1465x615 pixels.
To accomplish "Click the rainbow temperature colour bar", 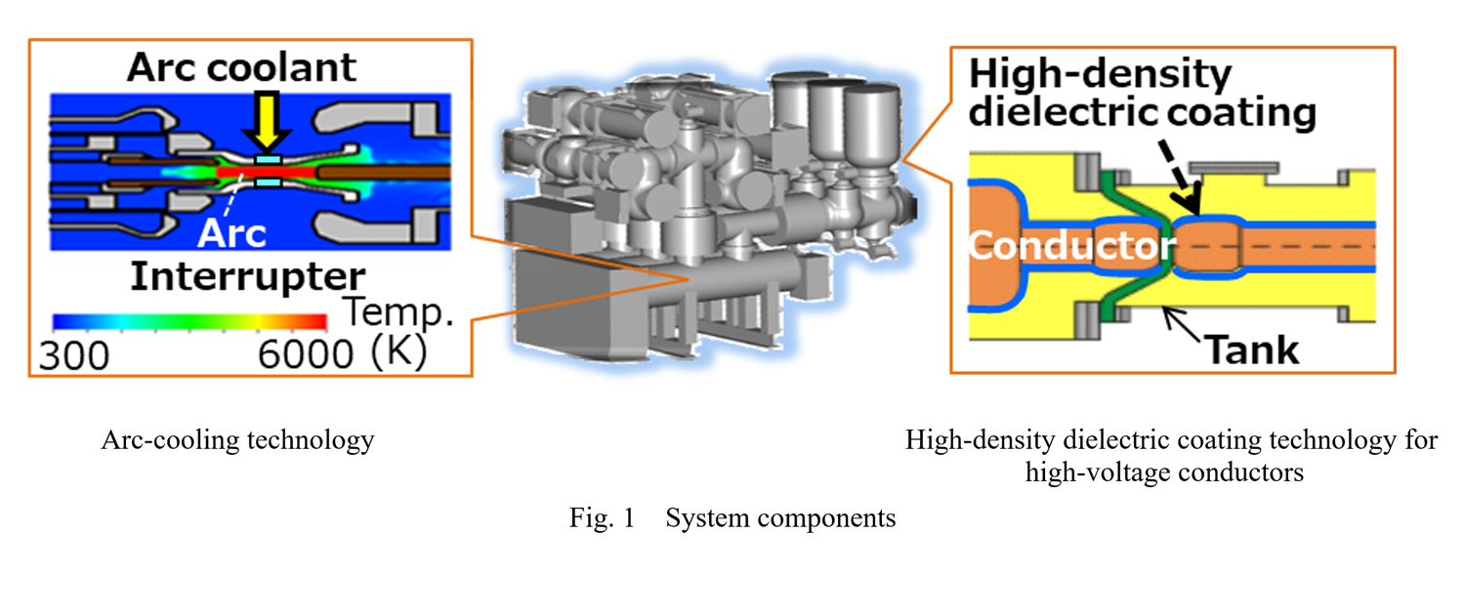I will (189, 321).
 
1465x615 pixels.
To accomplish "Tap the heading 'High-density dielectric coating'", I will (1143, 95).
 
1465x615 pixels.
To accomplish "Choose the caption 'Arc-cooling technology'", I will (237, 440).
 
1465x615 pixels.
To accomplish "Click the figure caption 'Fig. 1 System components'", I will (732, 518).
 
